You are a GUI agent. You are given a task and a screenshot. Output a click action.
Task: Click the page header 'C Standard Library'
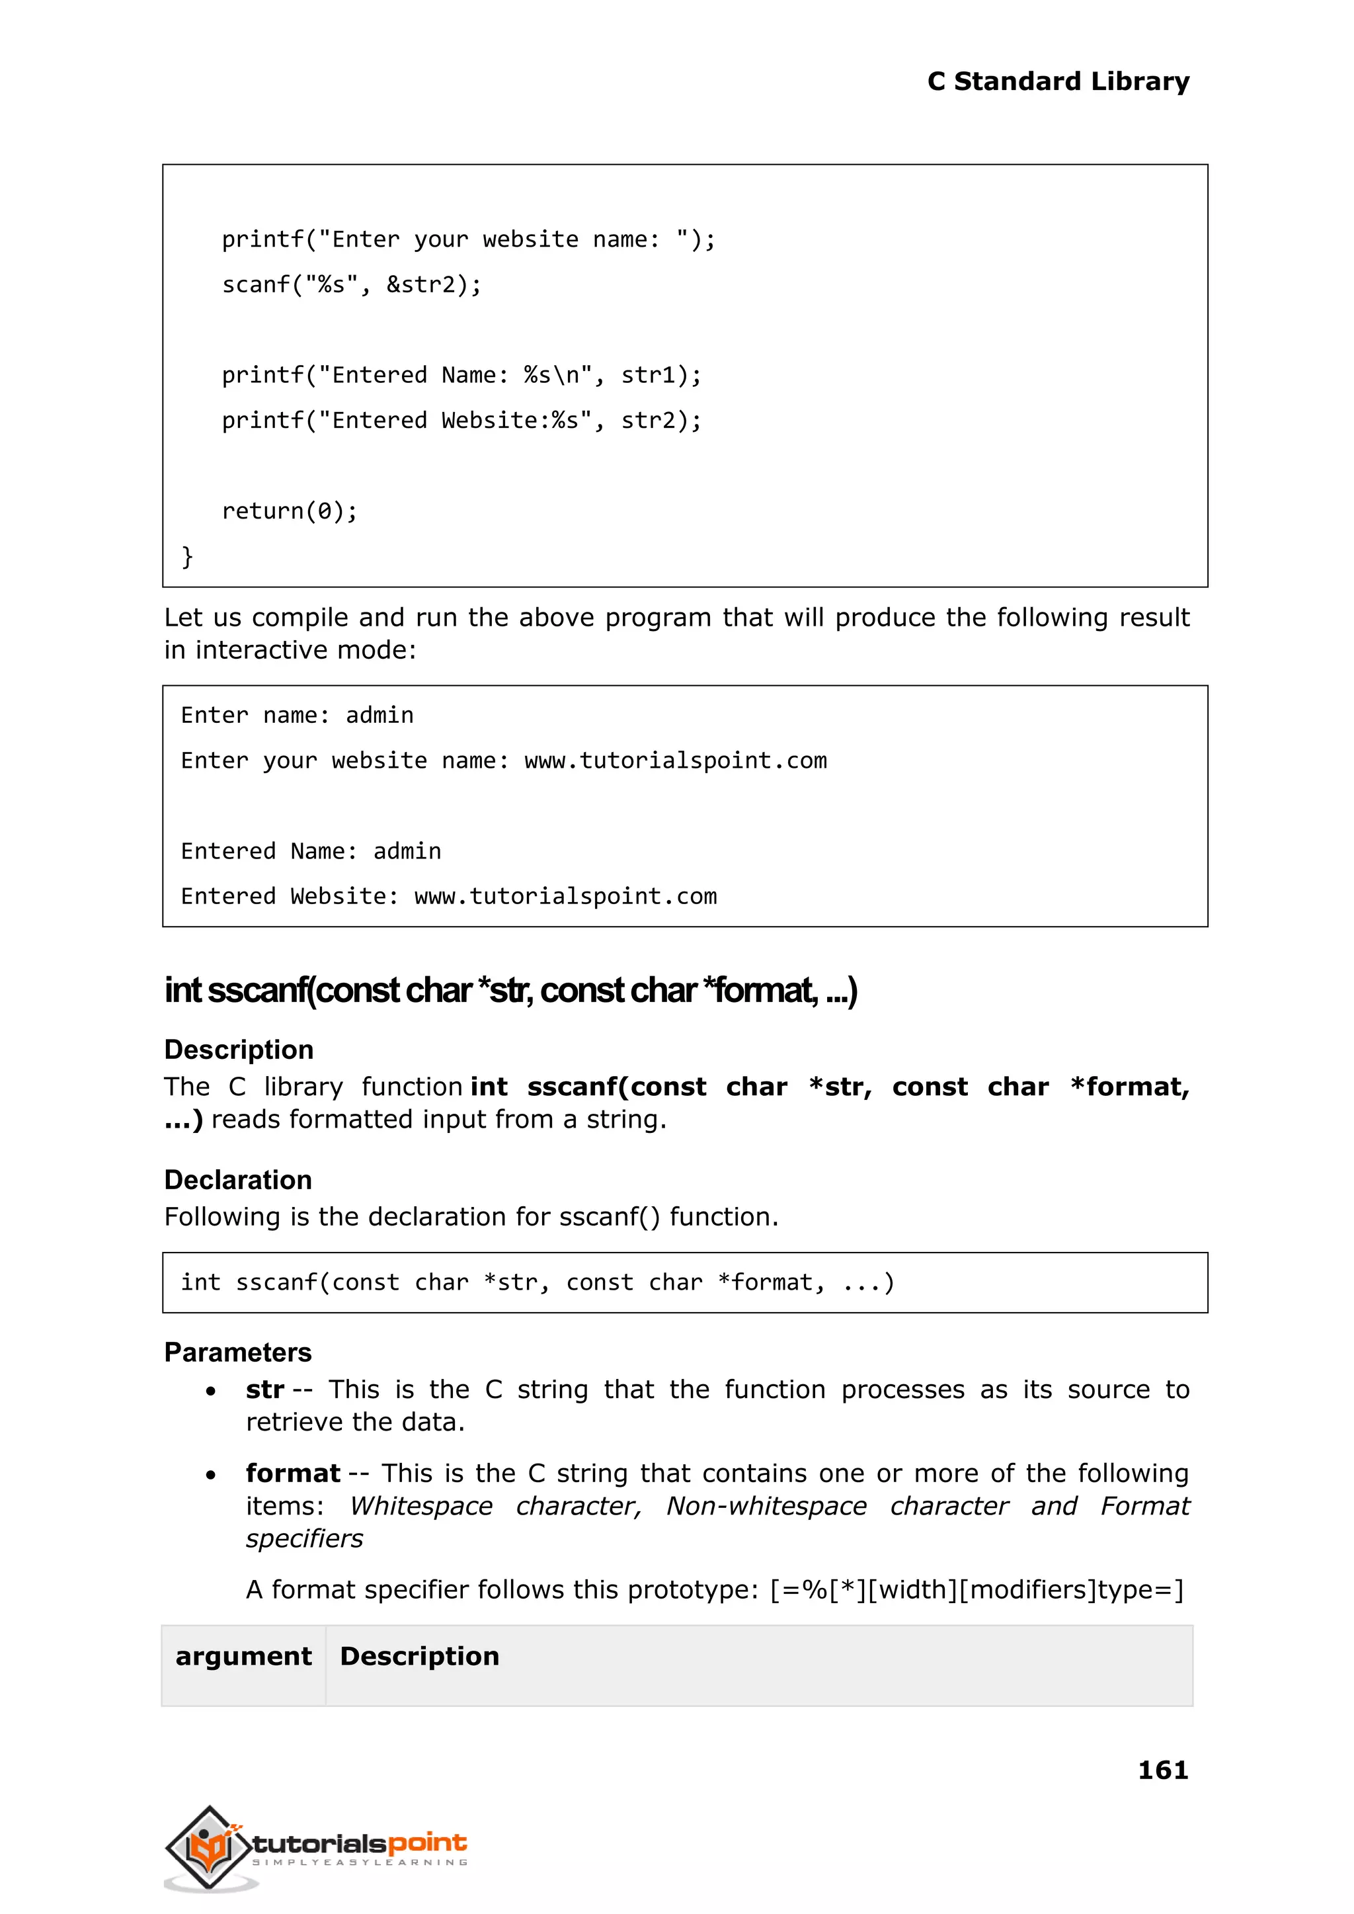coord(1057,81)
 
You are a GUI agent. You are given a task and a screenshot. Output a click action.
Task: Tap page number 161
coord(1162,1769)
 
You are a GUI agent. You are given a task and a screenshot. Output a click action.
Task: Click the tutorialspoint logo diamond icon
coord(208,1847)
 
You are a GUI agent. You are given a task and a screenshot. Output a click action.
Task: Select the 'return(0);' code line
coord(290,511)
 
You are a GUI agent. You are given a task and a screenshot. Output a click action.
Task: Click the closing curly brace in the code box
coord(188,556)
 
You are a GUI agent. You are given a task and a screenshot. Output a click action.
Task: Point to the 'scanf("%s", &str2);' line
coord(351,284)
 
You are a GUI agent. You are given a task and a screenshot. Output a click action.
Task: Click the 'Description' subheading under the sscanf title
coord(239,1049)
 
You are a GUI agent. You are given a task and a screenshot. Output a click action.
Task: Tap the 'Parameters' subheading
coord(237,1352)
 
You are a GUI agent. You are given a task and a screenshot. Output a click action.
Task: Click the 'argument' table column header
coord(243,1655)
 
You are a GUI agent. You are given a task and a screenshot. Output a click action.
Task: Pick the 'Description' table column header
coord(419,1655)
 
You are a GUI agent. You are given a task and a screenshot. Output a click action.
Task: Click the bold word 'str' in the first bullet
coord(264,1390)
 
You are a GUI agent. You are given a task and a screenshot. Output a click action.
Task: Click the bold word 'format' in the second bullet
coord(293,1473)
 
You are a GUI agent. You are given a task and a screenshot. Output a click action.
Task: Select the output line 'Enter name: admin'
coord(297,715)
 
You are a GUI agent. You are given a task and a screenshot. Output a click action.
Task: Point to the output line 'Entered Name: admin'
coord(311,851)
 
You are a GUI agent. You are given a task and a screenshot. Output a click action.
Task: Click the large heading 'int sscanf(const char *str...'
coord(510,990)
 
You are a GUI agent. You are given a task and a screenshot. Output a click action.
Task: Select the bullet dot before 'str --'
coord(211,1391)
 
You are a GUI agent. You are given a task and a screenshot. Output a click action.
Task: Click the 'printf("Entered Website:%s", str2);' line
coord(461,421)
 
